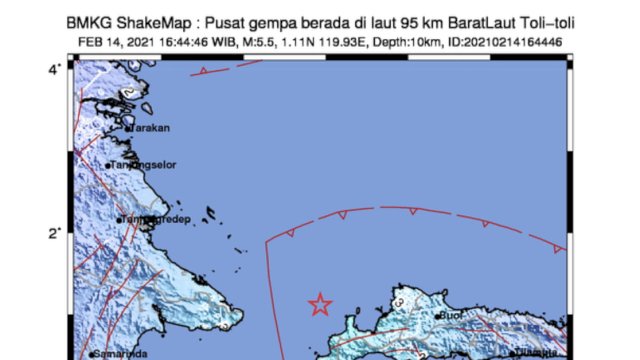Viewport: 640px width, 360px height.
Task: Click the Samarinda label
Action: click(121, 354)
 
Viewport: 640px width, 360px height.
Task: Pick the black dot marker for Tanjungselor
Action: click(108, 167)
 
